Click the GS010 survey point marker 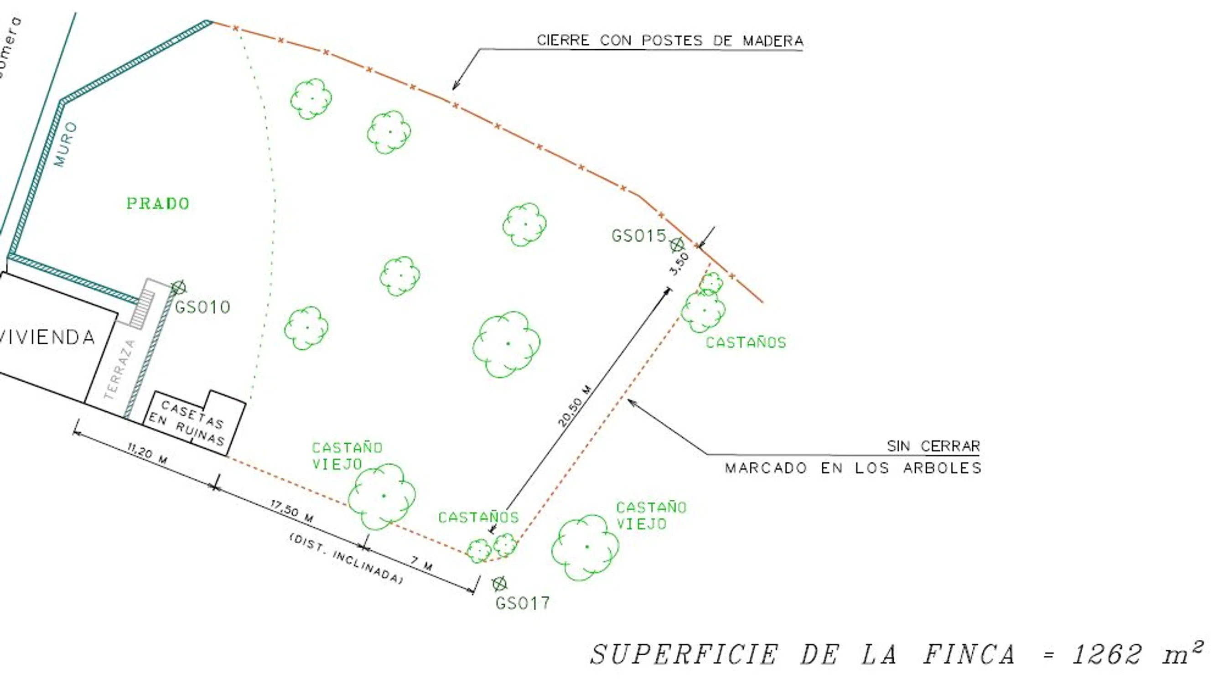coord(178,287)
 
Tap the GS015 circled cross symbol coord(677,244)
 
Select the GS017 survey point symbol coord(499,584)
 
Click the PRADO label coord(158,204)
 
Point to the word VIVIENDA coord(47,337)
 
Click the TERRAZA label coord(119,369)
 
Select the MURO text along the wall coord(66,144)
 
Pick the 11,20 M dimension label coord(147,454)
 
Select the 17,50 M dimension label coord(292,511)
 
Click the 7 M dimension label coord(421,563)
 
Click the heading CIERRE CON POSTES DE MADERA coord(670,41)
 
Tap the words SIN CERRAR coord(933,446)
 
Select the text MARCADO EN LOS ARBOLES coord(853,468)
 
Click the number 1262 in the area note coord(1107,654)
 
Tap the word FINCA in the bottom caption coord(970,654)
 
